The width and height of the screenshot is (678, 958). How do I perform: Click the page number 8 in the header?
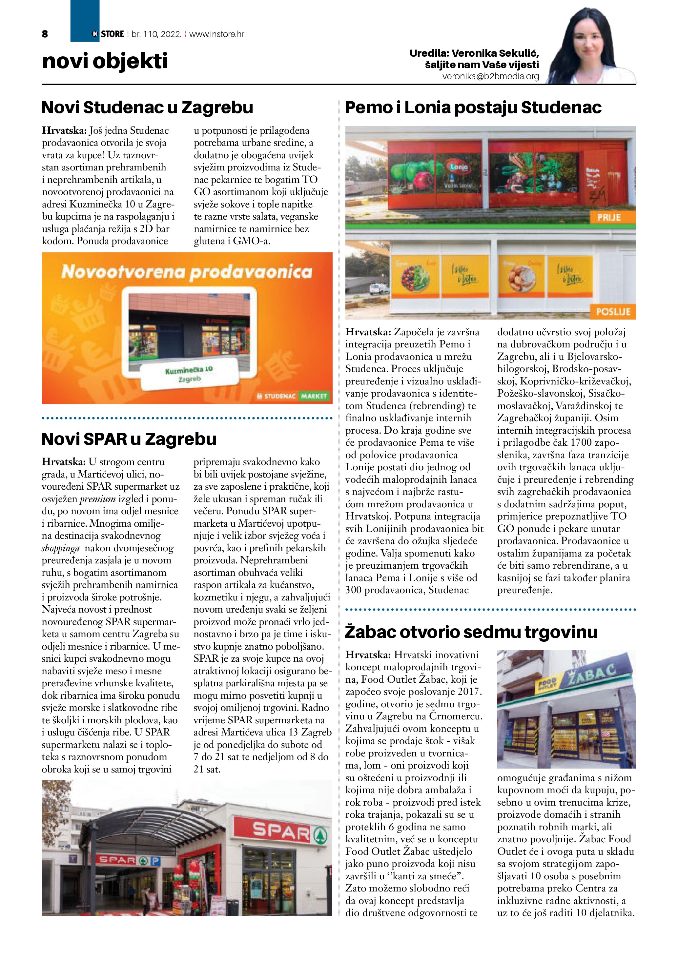[x=45, y=34]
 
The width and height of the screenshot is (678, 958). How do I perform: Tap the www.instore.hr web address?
[x=217, y=34]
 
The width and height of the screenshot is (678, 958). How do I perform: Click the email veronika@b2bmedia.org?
[x=491, y=77]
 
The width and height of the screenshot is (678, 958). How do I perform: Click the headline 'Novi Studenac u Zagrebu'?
[x=147, y=107]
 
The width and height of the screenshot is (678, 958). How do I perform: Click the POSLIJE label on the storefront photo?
[x=613, y=312]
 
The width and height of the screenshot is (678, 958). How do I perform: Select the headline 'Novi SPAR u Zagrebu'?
[x=129, y=439]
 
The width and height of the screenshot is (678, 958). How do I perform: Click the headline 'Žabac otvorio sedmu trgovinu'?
[x=471, y=632]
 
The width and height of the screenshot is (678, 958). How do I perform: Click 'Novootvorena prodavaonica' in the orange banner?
[x=187, y=272]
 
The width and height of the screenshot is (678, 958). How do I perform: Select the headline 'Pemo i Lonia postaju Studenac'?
[x=473, y=107]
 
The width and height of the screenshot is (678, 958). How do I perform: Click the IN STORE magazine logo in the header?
[x=108, y=34]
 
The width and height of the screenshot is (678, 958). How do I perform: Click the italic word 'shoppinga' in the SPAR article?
[x=61, y=548]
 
